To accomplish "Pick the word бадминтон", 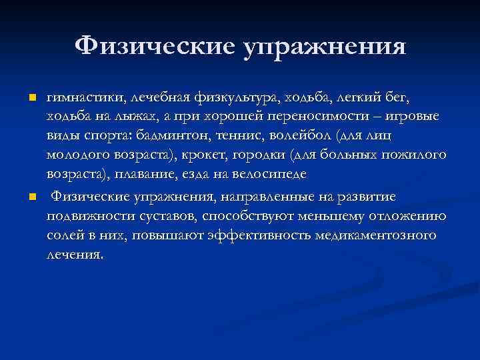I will (205, 137).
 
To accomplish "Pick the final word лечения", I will (75, 255).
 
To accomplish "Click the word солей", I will (65, 236).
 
